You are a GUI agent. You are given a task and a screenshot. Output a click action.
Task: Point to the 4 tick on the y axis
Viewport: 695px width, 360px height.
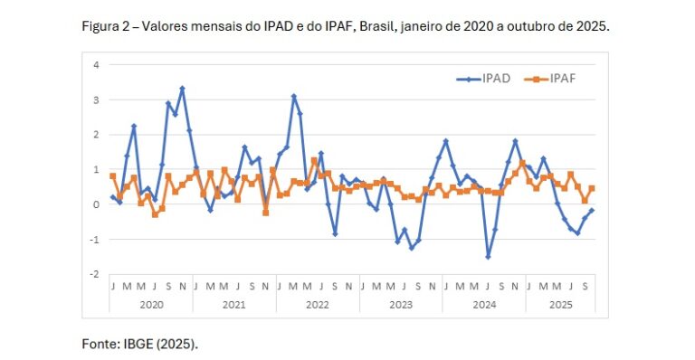(94, 64)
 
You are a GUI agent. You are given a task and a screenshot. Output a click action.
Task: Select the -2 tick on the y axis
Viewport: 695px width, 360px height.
(92, 274)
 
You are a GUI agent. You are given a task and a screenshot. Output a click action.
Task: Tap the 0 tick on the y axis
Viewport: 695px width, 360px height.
(94, 204)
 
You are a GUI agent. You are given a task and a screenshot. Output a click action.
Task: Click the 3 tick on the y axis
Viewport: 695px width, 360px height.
(94, 99)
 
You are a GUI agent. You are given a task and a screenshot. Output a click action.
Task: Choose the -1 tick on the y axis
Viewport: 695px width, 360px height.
(92, 240)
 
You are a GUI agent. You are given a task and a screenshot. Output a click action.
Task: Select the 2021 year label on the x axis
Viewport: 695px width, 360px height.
(233, 306)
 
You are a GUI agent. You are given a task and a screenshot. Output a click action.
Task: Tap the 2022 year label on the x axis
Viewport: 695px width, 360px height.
(317, 306)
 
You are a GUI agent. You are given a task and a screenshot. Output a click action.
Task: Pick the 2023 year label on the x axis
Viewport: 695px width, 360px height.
(400, 306)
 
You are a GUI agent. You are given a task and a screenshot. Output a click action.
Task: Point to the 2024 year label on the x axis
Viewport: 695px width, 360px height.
(483, 306)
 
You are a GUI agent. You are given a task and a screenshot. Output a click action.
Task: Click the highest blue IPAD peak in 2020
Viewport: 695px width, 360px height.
(182, 89)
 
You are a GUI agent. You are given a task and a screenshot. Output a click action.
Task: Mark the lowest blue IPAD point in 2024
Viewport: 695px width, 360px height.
(488, 257)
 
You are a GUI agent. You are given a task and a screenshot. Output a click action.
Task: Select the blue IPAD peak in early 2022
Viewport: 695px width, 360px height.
(293, 96)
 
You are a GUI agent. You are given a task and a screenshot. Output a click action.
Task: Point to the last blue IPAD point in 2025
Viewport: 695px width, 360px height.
(591, 211)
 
